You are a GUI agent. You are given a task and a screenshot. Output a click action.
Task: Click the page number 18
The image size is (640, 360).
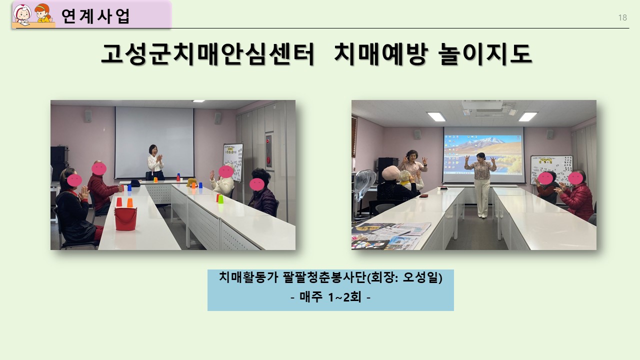tap(622, 17)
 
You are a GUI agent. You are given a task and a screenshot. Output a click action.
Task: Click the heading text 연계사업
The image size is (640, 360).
tap(95, 16)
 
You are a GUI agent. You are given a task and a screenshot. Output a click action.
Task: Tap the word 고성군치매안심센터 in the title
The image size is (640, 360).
tap(207, 53)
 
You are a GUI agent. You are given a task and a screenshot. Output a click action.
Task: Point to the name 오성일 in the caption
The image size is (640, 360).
tap(420, 277)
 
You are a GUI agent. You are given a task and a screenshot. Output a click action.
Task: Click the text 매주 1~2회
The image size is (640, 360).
tap(330, 297)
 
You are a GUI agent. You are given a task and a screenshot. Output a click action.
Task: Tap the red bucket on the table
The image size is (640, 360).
tap(125, 218)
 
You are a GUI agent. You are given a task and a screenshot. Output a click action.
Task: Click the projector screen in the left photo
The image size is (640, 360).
tap(154, 142)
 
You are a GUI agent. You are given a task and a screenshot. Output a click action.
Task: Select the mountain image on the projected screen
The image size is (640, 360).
tap(483, 154)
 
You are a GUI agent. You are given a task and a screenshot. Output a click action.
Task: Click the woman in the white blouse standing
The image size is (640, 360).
tap(155, 162)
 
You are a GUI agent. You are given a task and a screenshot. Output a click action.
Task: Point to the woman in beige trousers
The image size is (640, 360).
tap(481, 185)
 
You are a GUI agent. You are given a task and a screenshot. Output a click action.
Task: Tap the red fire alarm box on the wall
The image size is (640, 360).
tap(269, 150)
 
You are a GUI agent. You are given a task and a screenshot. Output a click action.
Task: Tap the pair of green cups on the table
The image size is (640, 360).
tap(219, 198)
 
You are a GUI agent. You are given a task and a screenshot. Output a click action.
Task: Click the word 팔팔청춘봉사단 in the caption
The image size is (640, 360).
tap(324, 277)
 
